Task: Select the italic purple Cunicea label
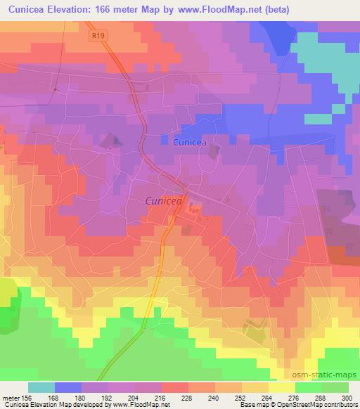click(164, 201)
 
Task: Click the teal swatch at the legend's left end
click(41, 387)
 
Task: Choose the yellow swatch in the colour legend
click(281, 387)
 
